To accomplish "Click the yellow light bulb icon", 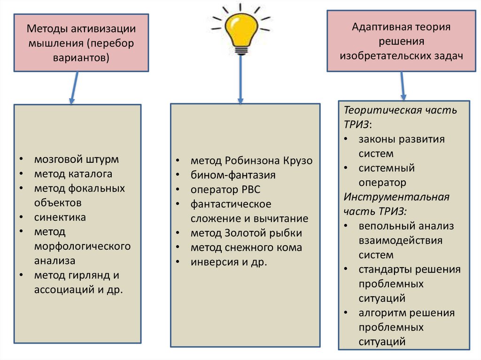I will [241, 31].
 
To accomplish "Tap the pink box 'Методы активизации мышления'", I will [81, 43].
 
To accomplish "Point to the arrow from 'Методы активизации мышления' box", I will [73, 87].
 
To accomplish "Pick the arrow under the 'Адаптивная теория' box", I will [402, 85].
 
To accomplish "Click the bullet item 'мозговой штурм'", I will [76, 159].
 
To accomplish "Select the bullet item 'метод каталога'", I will [73, 174].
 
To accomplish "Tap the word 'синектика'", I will [60, 217].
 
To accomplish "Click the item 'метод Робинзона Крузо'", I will [251, 161].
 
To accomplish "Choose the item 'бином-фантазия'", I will [233, 175].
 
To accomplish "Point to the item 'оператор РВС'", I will [225, 190].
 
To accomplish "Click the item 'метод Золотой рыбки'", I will [246, 233].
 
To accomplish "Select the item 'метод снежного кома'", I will [246, 248].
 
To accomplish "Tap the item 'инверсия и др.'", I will [228, 262].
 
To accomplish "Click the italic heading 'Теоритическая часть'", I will [400, 110].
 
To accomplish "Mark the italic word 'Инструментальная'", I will [396, 197].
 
